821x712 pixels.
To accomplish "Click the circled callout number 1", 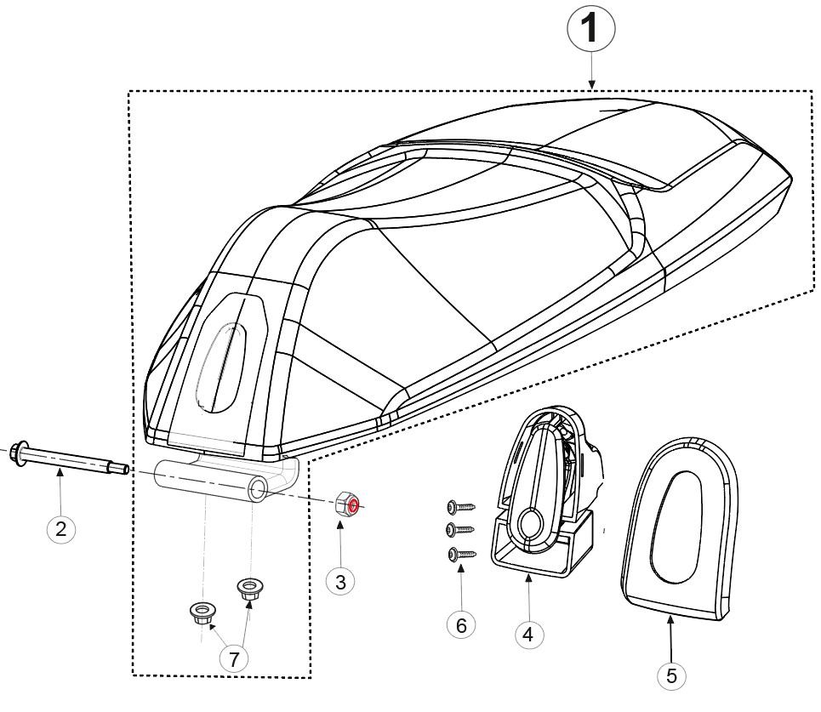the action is pos(591,28).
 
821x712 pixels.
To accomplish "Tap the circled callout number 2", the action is pos(60,529).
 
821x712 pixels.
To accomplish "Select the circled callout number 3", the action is pos(340,581).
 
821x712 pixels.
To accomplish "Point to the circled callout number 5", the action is pos(671,675).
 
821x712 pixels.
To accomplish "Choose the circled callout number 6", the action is pos(461,624).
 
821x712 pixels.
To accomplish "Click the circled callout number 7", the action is pos(234,658).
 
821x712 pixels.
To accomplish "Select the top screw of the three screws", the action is pos(461,507).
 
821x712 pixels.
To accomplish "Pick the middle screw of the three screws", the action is pos(460,530).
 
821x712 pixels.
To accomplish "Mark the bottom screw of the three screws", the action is pos(462,554).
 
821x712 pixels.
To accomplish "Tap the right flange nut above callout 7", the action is pos(250,589).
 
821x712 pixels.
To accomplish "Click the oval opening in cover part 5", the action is pos(675,527).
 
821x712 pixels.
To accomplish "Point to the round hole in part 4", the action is pos(530,521).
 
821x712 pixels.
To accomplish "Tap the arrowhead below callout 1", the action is pos(591,83).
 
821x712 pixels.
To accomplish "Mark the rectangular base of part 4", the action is pos(544,555).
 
